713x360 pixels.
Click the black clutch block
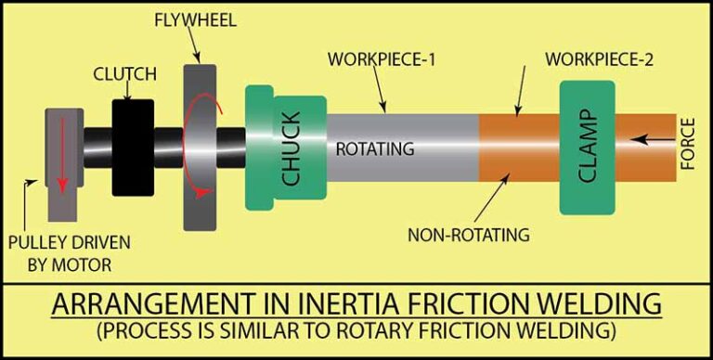coord(133,148)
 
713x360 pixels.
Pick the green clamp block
coord(587,148)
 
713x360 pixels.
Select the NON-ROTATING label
coord(469,235)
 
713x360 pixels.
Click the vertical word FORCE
coord(688,147)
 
